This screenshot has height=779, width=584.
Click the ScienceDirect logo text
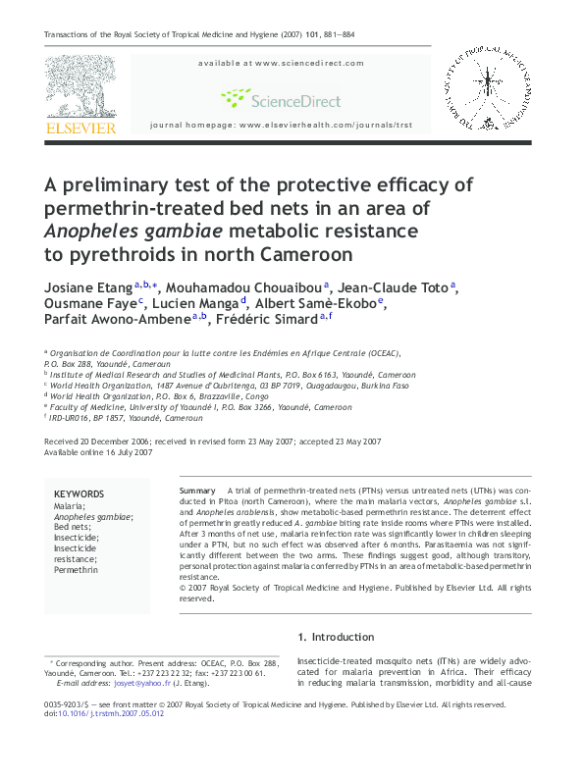coord(294,100)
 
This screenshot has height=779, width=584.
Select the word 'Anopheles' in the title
coord(89,231)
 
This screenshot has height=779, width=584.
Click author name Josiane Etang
coord(87,286)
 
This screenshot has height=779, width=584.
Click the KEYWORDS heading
coord(79,493)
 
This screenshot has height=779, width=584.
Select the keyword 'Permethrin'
coord(76,569)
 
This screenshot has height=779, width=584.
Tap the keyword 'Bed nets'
coord(73,527)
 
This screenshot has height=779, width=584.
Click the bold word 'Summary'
coord(197,490)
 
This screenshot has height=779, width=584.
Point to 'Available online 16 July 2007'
coord(98,452)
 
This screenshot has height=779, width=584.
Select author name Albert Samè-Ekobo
coord(329,302)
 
